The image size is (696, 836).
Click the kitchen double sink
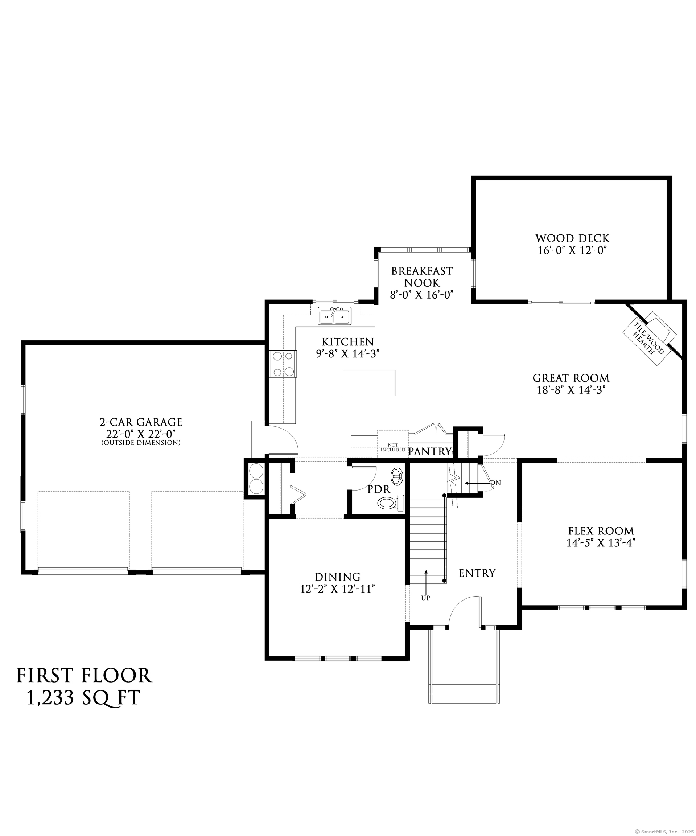coord(334,316)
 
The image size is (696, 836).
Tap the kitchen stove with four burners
coord(283,364)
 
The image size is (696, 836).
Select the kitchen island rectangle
coord(369,382)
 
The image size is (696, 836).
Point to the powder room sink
coord(398,475)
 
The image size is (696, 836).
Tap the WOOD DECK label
coord(572,238)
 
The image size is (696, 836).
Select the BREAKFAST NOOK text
coord(422,277)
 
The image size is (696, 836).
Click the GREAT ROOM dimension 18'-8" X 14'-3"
coord(571,390)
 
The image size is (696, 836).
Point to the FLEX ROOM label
coord(601,531)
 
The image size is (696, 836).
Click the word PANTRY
coord(430,451)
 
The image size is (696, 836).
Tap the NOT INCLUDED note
coord(393,447)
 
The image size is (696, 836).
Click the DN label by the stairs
coord(495,483)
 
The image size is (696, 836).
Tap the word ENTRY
coord(477,573)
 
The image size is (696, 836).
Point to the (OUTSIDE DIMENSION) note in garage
coord(141,443)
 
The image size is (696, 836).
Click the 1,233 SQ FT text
coord(83,697)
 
